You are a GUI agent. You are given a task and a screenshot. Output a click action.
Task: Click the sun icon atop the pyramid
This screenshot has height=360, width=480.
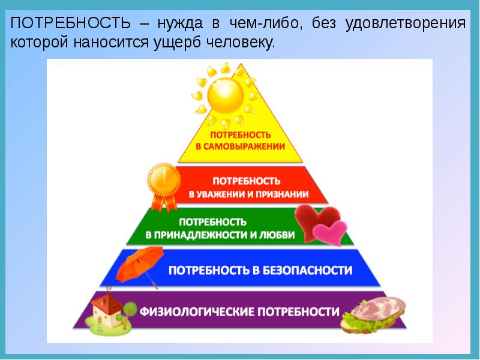coord(226,95)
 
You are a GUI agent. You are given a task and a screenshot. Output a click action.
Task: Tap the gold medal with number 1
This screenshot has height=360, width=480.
coord(164,180)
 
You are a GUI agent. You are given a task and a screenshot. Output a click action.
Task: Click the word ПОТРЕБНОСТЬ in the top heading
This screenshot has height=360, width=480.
coord(71,23)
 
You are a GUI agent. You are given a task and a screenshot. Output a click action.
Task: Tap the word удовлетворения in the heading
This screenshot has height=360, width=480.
coord(406,24)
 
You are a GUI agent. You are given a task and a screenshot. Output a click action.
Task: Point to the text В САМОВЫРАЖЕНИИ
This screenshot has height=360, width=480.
coord(241,146)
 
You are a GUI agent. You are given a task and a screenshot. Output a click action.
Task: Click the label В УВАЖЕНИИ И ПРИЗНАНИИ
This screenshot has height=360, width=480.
coord(248,194)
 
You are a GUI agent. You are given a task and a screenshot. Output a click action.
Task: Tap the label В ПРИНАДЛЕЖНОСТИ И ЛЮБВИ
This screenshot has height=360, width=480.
coord(220,235)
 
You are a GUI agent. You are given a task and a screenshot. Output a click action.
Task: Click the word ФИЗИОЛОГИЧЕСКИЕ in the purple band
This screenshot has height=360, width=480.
coord(197,311)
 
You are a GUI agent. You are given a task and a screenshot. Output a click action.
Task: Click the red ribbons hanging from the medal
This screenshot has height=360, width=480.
coord(164,202)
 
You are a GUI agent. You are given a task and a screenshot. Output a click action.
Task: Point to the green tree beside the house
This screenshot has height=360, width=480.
coord(128,312)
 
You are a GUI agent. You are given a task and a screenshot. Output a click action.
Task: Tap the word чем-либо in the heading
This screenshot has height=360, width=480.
coord(264,23)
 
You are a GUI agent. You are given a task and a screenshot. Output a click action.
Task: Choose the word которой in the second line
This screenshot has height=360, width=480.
coord(39,43)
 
